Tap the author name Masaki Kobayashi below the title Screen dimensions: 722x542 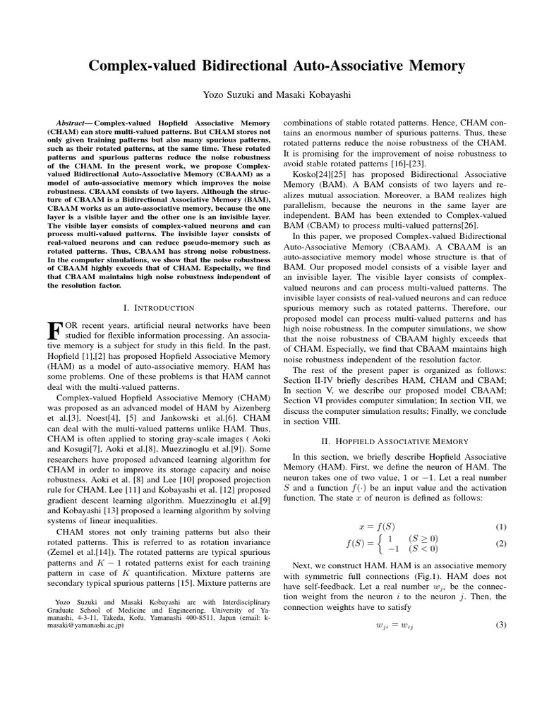[306, 94]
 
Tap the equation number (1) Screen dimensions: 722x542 [500, 527]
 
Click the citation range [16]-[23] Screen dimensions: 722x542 [416, 164]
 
